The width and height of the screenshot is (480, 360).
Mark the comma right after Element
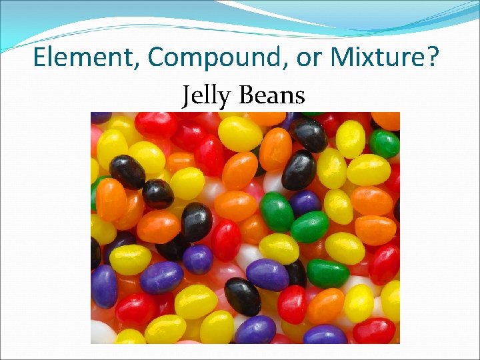click(137, 65)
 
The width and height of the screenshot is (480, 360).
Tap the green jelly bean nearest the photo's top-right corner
click(385, 143)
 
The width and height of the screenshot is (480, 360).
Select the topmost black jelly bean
click(309, 135)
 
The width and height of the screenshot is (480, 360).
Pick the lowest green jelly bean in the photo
click(327, 273)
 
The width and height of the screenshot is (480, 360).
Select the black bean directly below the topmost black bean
click(299, 170)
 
